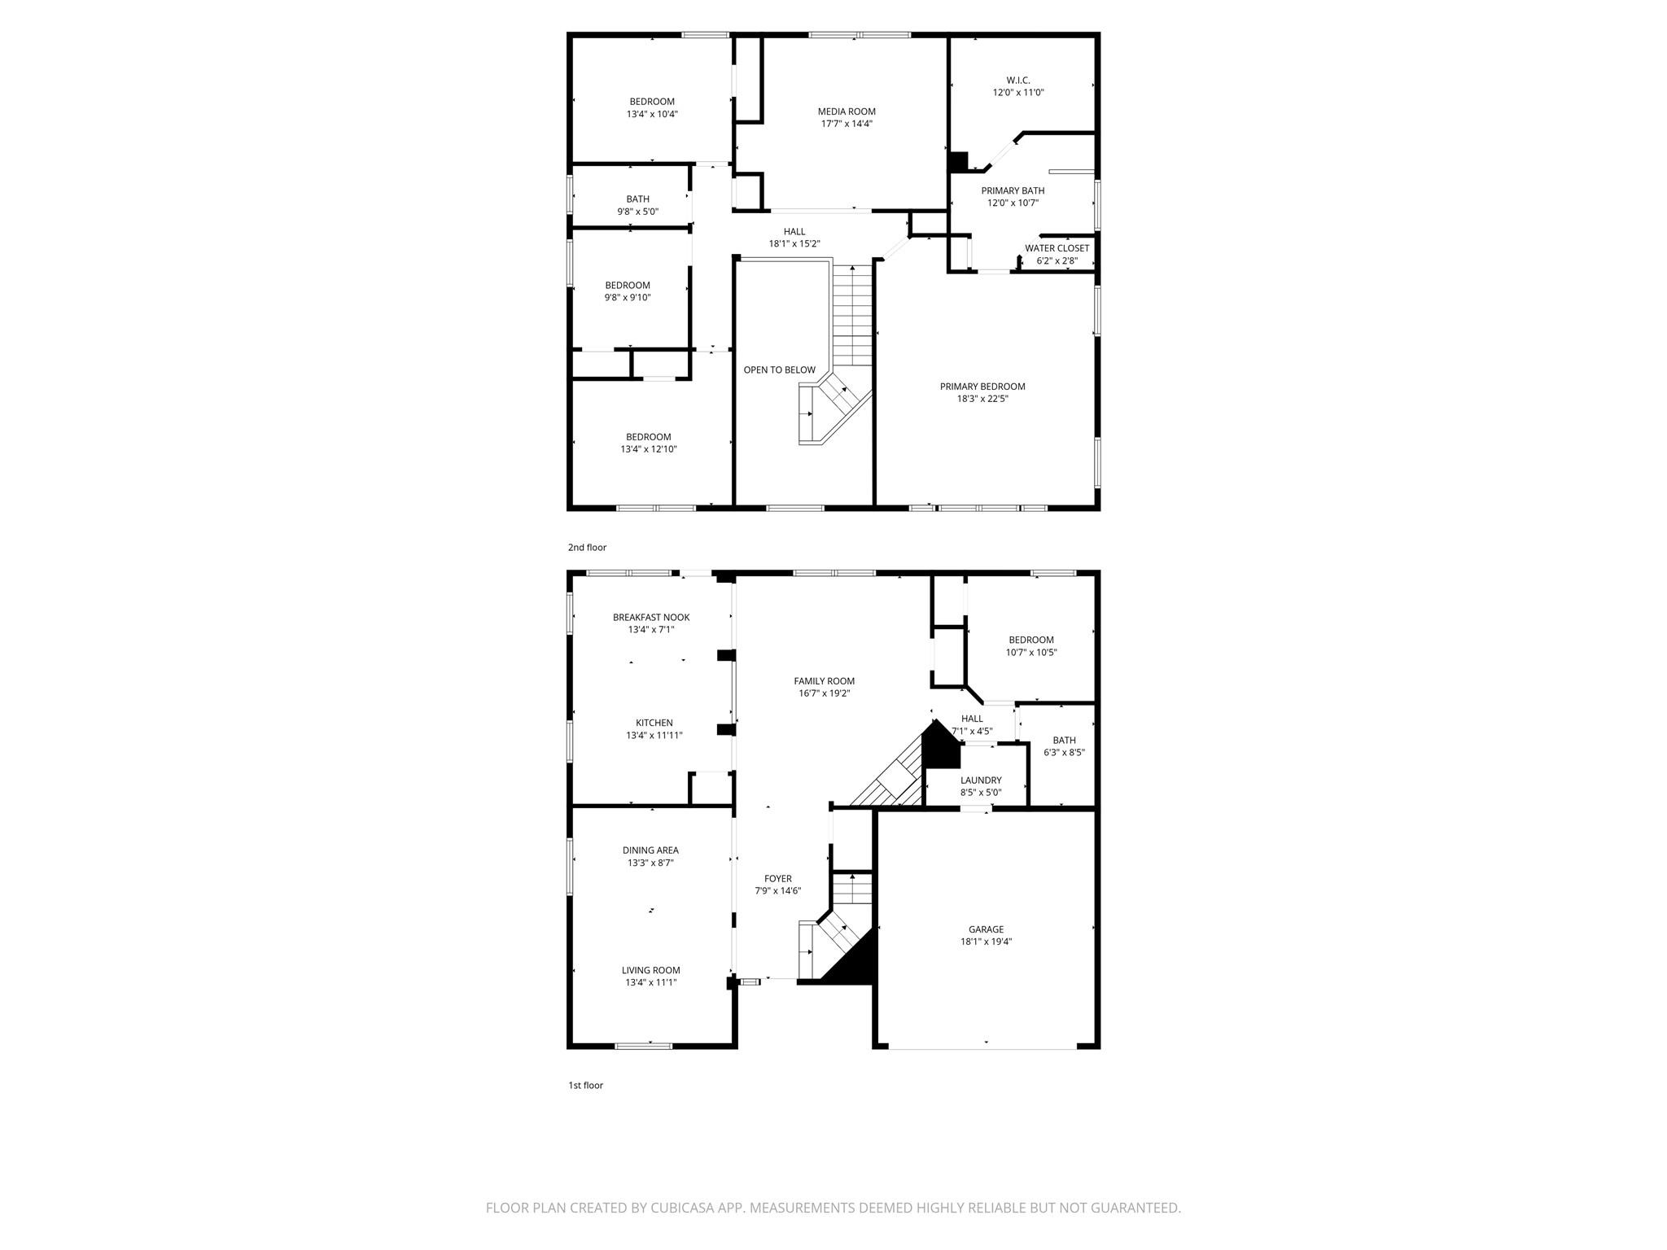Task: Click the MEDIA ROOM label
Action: pos(847,111)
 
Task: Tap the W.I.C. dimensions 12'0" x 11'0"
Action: pos(1017,93)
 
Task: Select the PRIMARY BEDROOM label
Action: pos(982,387)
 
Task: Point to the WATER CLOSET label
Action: pos(1057,248)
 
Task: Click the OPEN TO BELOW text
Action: pos(779,370)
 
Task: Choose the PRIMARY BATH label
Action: pos(1013,190)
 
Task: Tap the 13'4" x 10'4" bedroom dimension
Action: pos(652,115)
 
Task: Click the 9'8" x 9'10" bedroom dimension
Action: pos(627,298)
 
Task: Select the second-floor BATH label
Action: pos(637,199)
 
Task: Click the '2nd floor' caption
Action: pos(587,548)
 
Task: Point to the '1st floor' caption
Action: pos(585,1085)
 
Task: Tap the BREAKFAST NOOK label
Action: pos(651,617)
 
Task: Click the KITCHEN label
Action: pos(654,723)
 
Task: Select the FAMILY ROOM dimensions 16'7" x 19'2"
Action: pos(825,693)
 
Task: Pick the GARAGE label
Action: pos(986,929)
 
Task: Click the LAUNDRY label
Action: pos(981,780)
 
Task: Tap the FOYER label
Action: pos(777,878)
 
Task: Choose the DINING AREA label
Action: pos(650,850)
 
